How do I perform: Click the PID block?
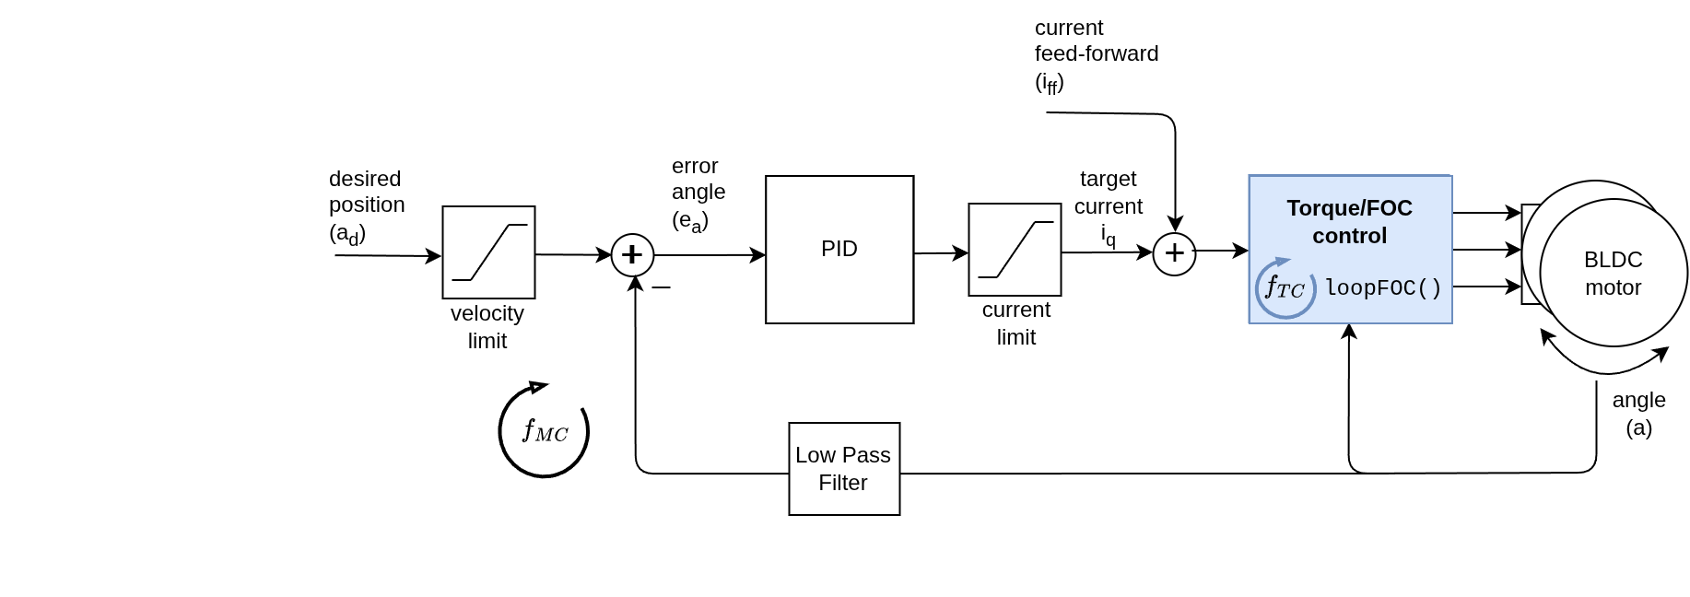coord(839,250)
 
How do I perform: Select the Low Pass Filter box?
coord(844,469)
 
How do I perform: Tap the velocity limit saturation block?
coord(488,252)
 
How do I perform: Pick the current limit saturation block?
coord(1015,250)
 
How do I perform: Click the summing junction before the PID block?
coord(632,254)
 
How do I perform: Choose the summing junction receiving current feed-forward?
coord(1174,253)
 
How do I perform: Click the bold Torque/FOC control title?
coord(1349,222)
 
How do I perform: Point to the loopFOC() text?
coord(1383,288)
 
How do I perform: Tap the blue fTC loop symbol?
coord(1285,287)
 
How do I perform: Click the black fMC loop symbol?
coord(544,430)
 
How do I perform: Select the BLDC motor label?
coord(1613,274)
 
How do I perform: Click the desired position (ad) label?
coord(366,205)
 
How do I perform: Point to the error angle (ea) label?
coord(698,193)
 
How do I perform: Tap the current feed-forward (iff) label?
coord(1096,55)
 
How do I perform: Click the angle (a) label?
coord(1638,414)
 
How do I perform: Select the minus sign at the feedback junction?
coord(661,288)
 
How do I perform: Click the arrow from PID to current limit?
coord(941,252)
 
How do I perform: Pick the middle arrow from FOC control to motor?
coord(1486,250)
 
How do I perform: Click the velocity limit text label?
coord(487,327)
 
